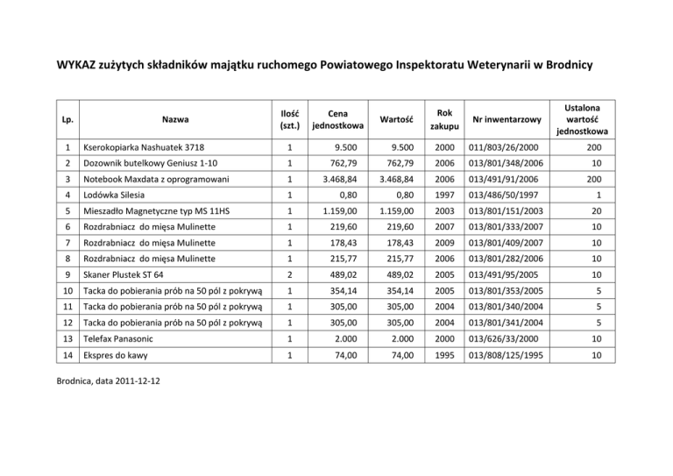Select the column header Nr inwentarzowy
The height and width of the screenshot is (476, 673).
[x=507, y=119]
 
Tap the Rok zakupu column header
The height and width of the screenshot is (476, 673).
[x=443, y=119]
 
